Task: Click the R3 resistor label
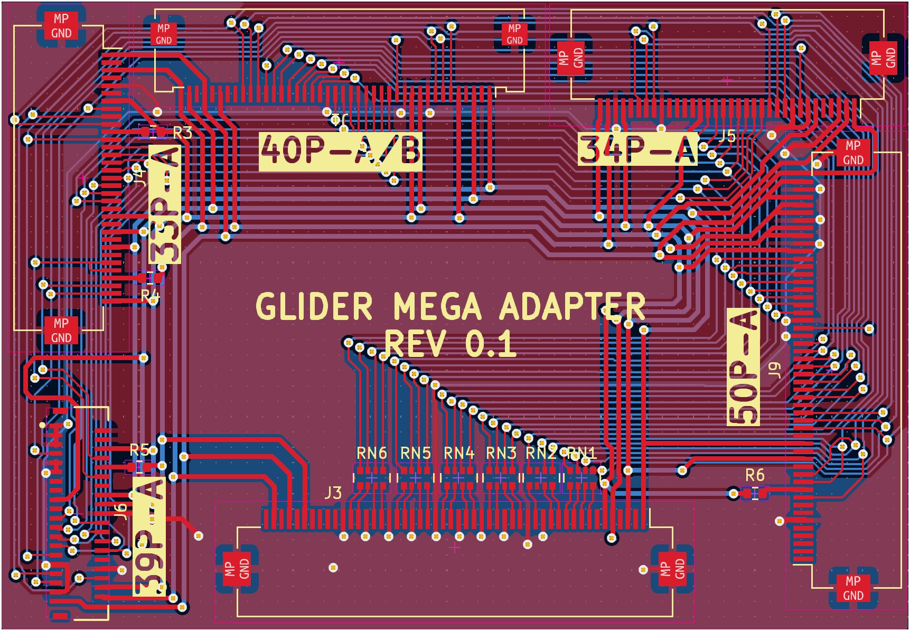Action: point(182,133)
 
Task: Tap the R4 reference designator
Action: point(150,295)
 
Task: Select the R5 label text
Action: point(140,450)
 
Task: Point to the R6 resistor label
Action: point(755,475)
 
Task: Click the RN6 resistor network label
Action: point(372,453)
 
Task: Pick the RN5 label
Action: point(416,453)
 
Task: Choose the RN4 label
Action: point(459,453)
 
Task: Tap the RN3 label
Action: point(501,453)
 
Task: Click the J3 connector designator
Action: point(333,493)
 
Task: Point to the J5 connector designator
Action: point(728,136)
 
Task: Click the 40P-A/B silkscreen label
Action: point(341,150)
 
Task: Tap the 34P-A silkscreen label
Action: point(637,150)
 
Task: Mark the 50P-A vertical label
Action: point(744,368)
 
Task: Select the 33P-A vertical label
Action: point(165,205)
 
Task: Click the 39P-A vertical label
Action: point(149,535)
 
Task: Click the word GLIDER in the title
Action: point(314,307)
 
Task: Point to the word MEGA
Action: point(437,307)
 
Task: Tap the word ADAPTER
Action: point(572,307)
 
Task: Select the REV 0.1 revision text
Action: point(451,344)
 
